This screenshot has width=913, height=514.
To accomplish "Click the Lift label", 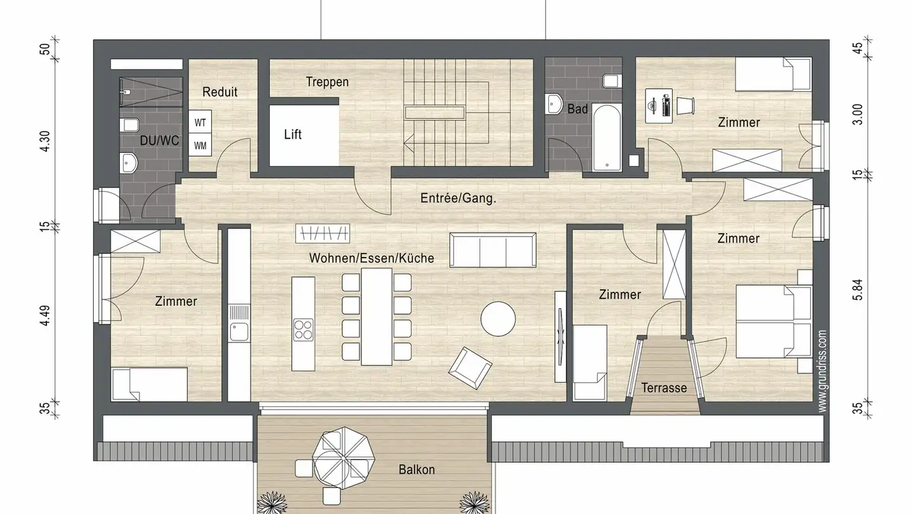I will (293, 135).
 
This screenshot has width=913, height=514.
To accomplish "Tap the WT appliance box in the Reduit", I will (200, 122).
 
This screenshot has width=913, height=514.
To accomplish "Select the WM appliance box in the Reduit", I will (200, 145).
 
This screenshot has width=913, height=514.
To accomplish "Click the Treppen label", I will (327, 82).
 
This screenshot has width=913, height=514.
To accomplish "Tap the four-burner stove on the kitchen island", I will (303, 329).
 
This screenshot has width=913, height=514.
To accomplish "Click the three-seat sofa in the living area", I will (493, 250).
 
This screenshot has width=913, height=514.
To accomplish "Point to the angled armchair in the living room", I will (470, 367).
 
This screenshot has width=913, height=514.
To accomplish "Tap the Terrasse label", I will (664, 388).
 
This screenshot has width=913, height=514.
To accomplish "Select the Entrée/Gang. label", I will (458, 198).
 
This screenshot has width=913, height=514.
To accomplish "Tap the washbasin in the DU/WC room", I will (129, 163).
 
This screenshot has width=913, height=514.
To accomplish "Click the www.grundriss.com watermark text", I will (822, 371).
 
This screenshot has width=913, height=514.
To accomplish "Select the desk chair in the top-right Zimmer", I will (685, 105).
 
